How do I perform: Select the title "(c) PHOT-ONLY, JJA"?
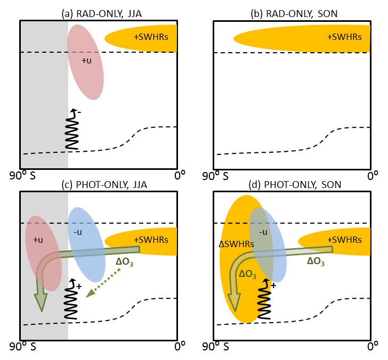click(98, 184)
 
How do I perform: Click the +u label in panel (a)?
click(87, 61)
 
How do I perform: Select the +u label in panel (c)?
click(38, 240)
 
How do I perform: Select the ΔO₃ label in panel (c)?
click(127, 261)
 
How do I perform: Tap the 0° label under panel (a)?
click(179, 175)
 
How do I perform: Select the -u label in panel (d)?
click(262, 232)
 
